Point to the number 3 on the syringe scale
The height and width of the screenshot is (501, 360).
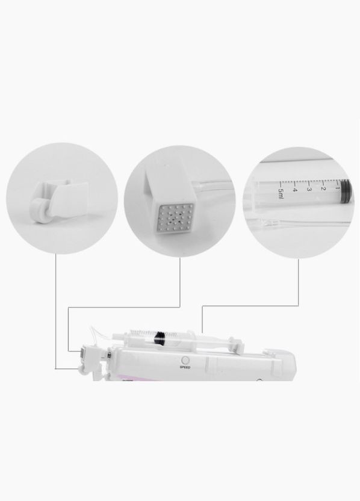pyautogui.click(x=309, y=189)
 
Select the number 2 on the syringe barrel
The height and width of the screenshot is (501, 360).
pyautogui.click(x=323, y=188)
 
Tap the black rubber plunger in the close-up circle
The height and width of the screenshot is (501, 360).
pyautogui.click(x=346, y=191)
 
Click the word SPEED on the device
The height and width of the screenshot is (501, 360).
pyautogui.click(x=185, y=367)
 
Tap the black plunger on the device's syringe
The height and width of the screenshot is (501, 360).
pyautogui.click(x=159, y=338)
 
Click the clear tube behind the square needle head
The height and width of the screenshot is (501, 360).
pyautogui.click(x=213, y=184)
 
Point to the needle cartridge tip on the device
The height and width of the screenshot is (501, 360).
pyautogui.click(x=82, y=353)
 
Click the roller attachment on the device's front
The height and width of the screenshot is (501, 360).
pyautogui.click(x=84, y=370)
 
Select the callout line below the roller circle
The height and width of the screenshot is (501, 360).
pyautogui.click(x=56, y=311)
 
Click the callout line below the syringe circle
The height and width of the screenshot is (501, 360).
pyautogui.click(x=250, y=306)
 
